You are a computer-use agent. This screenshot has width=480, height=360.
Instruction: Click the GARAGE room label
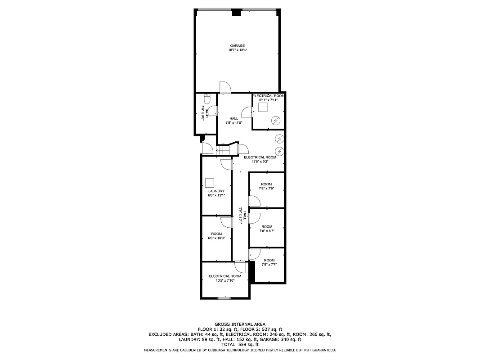point(238,45)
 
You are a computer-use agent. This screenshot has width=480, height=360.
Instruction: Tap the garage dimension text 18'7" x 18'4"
point(238,50)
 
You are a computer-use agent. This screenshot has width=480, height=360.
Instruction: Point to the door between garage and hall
point(224,88)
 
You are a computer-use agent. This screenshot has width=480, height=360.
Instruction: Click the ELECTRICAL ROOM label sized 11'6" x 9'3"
point(260,157)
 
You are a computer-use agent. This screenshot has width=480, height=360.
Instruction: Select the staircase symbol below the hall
point(225,150)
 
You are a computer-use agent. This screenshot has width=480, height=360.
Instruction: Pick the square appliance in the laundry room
point(210,183)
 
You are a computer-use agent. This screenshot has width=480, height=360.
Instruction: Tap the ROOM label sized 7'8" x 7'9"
point(267,184)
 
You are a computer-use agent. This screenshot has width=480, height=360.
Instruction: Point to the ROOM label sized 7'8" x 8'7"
point(267,227)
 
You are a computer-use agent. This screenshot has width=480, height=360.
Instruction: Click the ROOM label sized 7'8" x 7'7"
point(269,260)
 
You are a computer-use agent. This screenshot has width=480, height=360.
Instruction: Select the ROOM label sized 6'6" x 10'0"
point(216,234)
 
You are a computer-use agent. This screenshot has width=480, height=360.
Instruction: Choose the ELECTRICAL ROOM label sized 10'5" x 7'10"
point(225,276)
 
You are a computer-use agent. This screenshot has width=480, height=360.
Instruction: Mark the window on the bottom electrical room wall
point(224,298)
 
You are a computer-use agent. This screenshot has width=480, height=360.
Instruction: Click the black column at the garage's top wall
point(236,13)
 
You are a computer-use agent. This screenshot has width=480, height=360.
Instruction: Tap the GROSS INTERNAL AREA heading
point(240,324)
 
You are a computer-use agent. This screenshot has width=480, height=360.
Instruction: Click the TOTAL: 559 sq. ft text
point(240,344)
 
